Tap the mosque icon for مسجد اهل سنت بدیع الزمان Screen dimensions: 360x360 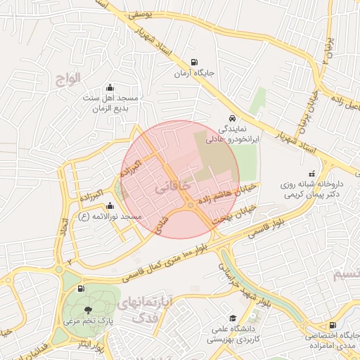109,88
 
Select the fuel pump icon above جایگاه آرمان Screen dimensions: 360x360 193,60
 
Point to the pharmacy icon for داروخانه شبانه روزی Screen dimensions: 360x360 311,174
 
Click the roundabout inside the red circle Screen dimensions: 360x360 191,205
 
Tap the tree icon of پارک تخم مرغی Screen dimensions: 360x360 88,310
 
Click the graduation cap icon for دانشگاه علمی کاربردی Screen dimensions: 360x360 232,317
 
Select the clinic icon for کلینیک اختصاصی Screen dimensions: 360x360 333,324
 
